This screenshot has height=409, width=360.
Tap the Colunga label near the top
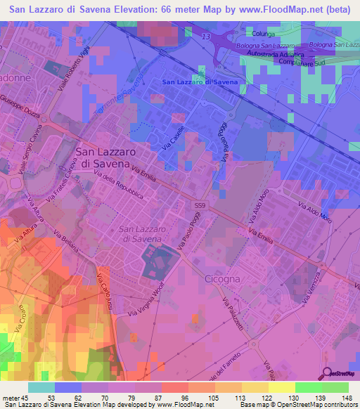(x=262, y=33)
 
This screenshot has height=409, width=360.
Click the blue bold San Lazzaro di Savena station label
(x=200, y=82)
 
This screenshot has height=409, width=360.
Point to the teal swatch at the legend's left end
(x=41, y=387)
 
